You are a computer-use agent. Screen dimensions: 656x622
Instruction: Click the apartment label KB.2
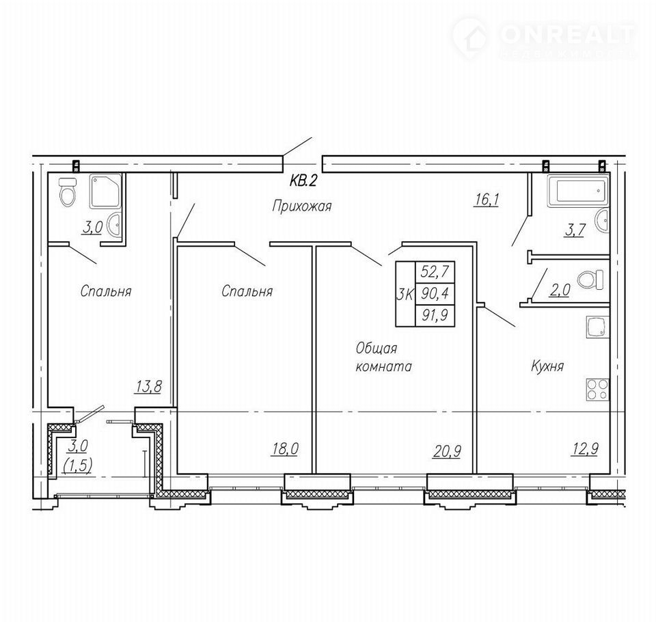(x=303, y=181)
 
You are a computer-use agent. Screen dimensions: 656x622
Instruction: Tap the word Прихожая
(x=301, y=206)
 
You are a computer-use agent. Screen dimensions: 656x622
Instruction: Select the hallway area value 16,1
(x=487, y=200)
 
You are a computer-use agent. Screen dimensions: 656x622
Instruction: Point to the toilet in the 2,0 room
(x=590, y=279)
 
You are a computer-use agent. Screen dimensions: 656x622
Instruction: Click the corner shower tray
(x=105, y=191)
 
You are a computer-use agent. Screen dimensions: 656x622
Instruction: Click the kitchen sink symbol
(x=597, y=327)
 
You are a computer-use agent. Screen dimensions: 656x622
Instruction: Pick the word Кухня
(x=547, y=366)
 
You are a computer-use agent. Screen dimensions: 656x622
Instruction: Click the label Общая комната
(x=383, y=357)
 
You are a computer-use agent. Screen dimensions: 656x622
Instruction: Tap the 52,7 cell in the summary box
(x=435, y=272)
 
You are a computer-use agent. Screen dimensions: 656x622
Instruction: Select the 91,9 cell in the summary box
(x=435, y=315)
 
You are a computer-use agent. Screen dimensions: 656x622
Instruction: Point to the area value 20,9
(x=448, y=451)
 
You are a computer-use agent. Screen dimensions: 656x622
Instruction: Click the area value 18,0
(x=286, y=448)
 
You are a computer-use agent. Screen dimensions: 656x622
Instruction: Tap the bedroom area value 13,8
(x=148, y=386)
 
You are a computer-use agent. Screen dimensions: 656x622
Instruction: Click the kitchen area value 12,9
(x=586, y=449)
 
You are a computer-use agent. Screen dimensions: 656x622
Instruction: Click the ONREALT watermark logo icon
(x=471, y=38)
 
